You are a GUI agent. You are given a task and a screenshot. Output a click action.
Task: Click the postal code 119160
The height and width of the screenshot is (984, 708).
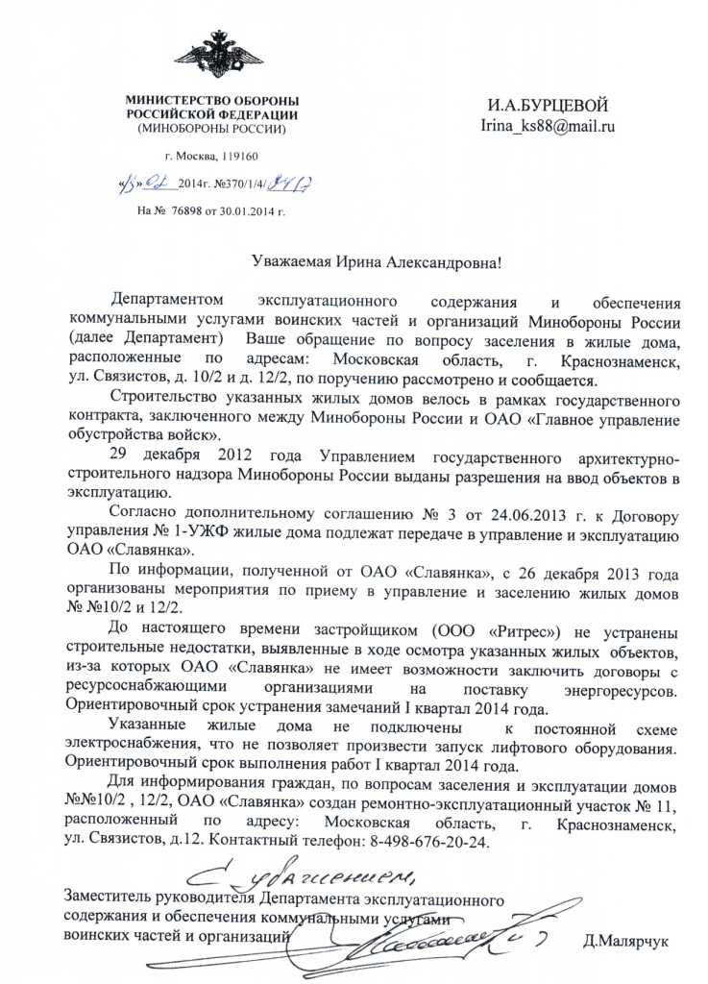239,155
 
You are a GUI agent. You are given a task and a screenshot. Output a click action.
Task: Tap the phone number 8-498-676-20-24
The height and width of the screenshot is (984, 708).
423,841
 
